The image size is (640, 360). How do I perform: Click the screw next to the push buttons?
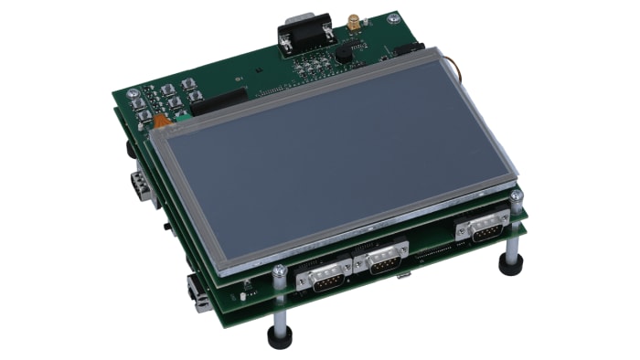[x=133, y=93]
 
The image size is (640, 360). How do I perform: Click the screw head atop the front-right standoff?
[x=517, y=196]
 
